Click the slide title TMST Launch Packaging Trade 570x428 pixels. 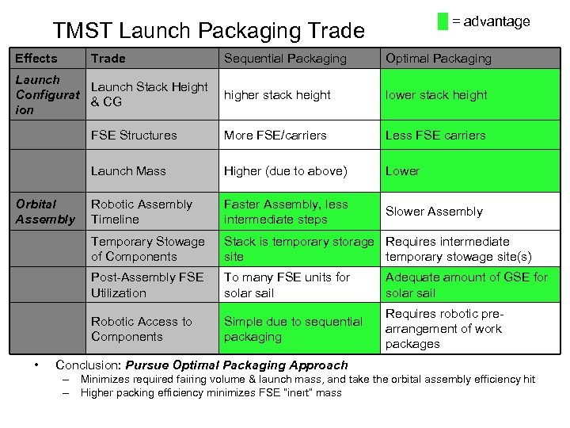point(208,31)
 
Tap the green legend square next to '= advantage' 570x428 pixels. point(443,21)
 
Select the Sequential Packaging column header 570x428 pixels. point(285,59)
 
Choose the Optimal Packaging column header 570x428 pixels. point(438,59)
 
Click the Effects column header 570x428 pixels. point(36,59)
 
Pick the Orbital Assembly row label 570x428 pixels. point(45,212)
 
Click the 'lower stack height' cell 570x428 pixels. point(436,95)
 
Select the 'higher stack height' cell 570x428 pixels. point(277,95)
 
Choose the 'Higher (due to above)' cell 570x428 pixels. point(285,171)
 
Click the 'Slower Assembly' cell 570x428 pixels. point(434,212)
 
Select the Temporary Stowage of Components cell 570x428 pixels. point(147,249)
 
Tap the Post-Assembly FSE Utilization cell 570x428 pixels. point(147,285)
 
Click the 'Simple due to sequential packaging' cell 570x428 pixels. point(293,329)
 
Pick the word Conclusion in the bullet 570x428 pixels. point(88,365)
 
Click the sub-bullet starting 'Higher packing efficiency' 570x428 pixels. point(211,392)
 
